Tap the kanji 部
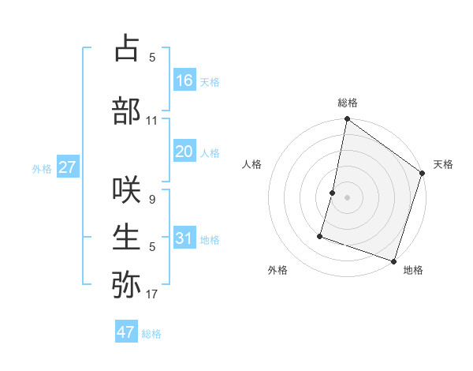click(126, 111)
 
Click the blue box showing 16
click(184, 81)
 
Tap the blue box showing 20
click(184, 152)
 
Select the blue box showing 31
click(184, 238)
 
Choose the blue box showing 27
click(67, 167)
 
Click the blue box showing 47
click(126, 332)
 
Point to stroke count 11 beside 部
click(152, 121)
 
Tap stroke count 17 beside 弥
click(152, 295)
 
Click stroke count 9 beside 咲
click(152, 200)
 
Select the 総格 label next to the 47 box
click(151, 334)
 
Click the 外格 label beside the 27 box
click(42, 169)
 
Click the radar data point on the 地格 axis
click(393, 260)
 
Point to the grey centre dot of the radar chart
click(347, 197)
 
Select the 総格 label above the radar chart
click(348, 103)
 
